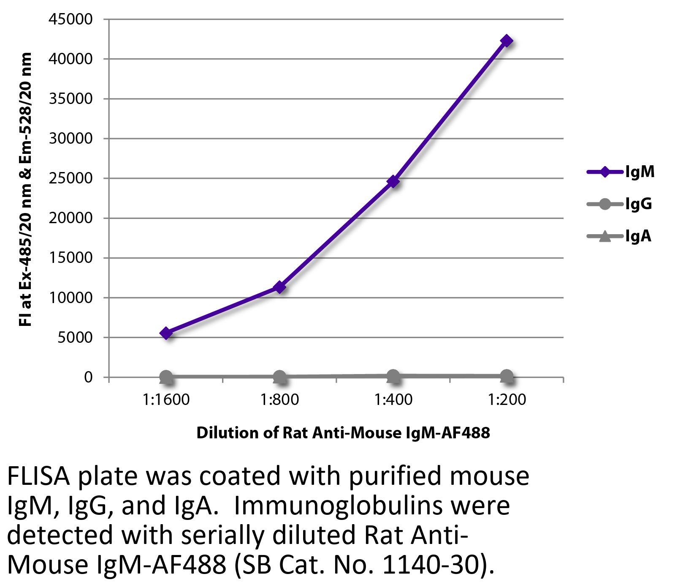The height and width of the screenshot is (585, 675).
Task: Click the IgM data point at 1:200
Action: click(x=507, y=41)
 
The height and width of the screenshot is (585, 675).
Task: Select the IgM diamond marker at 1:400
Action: click(x=393, y=181)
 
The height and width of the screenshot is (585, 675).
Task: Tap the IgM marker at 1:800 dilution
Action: click(x=279, y=287)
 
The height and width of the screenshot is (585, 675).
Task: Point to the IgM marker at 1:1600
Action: click(x=166, y=333)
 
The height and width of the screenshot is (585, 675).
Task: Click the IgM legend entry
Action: click(x=621, y=172)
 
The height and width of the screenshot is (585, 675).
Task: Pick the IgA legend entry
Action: click(x=619, y=236)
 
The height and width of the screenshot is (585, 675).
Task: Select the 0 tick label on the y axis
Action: click(x=88, y=377)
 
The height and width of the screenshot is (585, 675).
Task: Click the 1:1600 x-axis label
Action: click(x=166, y=399)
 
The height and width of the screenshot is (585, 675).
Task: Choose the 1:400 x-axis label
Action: click(x=393, y=399)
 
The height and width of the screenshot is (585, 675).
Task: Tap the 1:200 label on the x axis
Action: click(x=507, y=399)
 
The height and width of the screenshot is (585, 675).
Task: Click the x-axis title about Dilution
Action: click(x=343, y=433)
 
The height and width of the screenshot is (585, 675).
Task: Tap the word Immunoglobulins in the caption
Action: click(x=372, y=506)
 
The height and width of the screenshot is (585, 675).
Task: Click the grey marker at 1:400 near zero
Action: click(x=393, y=375)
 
